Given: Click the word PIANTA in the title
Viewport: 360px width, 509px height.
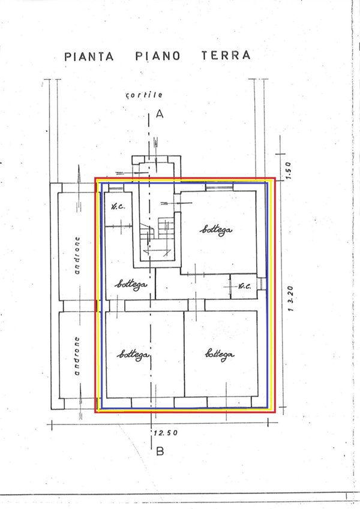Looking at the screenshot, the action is coord(89,56).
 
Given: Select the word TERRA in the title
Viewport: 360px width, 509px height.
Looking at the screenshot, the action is coord(226,55).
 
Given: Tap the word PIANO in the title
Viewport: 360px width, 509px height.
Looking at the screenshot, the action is coord(158,56).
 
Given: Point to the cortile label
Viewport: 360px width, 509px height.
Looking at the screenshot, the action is coord(144,95).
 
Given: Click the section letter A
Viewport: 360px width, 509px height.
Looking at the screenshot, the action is coord(160,114).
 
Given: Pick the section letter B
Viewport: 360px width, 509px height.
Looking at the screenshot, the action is coord(160,451).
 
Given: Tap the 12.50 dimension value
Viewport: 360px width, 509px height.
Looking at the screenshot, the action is coord(166,433).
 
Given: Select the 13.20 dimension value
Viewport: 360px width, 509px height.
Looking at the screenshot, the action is coord(290,299).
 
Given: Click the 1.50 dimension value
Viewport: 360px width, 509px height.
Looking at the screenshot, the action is coord(289,170).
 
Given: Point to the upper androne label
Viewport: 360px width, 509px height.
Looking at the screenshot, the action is coord(77,255).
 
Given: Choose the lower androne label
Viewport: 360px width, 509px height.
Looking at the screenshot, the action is coord(77,356).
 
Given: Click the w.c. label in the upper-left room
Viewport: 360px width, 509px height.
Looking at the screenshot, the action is coord(118,206).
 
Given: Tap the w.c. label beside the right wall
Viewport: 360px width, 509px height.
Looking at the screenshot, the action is coord(244,287).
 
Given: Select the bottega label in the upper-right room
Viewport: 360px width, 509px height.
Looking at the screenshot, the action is coord(216,230).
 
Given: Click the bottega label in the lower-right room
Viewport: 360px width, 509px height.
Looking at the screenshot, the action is coord(220,354).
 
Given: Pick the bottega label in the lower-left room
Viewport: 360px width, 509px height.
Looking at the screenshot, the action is coord(133,354).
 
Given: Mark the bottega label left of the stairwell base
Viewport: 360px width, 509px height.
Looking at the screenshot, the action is coord(131,285).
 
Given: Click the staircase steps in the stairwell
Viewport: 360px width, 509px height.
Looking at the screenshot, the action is coord(157,236).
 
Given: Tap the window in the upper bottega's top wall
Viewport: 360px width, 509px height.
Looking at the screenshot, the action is coord(220,187).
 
